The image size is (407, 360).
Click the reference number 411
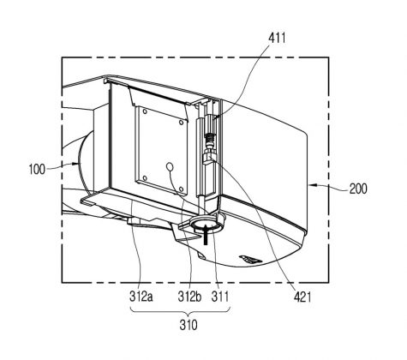click(x=277, y=38)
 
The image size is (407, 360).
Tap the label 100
click(x=37, y=169)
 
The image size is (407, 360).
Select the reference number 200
click(x=358, y=189)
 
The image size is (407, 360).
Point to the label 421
click(x=302, y=297)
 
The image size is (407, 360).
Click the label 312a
click(x=141, y=297)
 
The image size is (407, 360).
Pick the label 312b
click(x=189, y=297)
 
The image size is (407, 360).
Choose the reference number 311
click(x=220, y=297)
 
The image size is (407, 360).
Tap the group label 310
click(x=189, y=325)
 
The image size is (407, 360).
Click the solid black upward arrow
click(x=205, y=234)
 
